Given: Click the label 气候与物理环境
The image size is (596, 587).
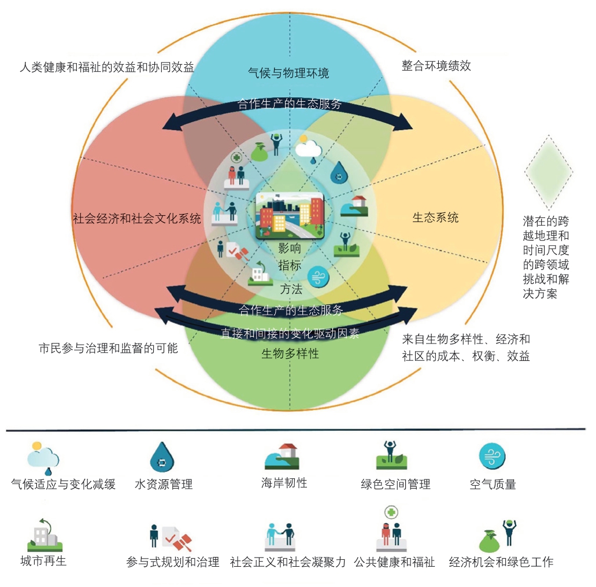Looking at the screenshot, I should click(288, 73).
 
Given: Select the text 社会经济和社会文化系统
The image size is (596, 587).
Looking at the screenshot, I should click(137, 219).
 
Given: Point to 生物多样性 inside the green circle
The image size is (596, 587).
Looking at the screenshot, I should click(290, 353).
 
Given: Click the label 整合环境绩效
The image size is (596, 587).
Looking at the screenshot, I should click(436, 65).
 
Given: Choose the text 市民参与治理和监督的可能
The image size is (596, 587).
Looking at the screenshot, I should click(108, 348).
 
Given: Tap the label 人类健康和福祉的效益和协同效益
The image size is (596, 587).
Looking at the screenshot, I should click(106, 67).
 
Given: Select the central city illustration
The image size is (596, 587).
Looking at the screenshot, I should click(290, 216).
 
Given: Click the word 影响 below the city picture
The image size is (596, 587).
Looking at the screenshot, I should click(290, 248).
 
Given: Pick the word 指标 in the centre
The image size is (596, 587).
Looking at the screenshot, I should click(290, 266).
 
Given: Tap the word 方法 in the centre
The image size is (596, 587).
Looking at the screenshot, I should click(291, 289).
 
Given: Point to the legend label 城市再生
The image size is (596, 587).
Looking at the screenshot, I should click(43, 560).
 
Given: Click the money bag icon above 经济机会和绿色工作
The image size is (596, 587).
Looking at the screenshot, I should click(490, 540).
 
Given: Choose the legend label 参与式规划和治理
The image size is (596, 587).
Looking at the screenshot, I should click(173, 562).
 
